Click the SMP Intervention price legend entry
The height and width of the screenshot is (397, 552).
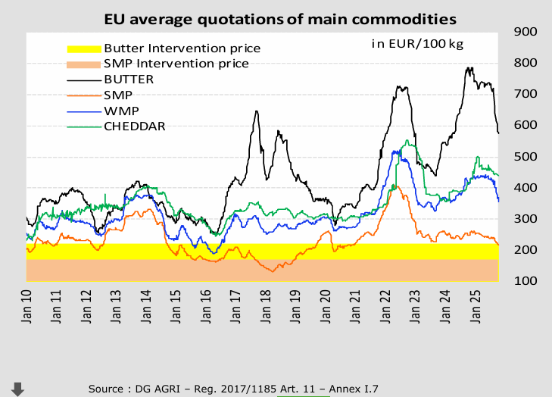tap(176, 64)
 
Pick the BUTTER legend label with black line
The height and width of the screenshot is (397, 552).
tap(129, 79)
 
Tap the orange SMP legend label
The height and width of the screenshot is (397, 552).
tap(117, 95)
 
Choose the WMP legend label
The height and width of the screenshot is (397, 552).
tap(119, 111)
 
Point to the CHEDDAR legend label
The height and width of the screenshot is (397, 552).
tap(134, 126)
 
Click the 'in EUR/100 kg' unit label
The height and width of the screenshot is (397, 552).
tap(416, 43)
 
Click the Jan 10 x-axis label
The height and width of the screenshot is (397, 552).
tap(27, 307)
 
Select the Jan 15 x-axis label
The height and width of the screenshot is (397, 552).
tap(175, 307)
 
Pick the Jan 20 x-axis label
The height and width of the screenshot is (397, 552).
tap(324, 307)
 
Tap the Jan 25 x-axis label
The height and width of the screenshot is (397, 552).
tap(472, 307)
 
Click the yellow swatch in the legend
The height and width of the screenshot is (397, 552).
tap(83, 48)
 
